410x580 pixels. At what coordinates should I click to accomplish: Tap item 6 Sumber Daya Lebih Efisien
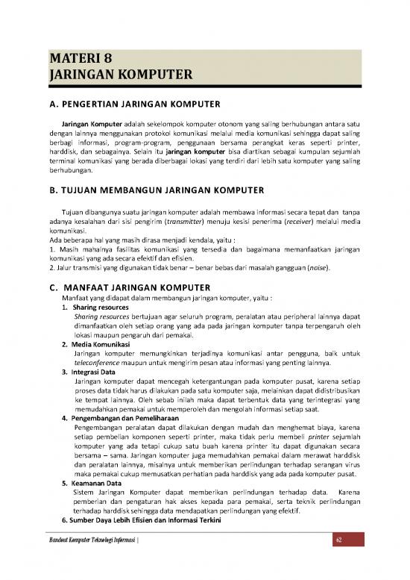pyautogui.click(x=142, y=517)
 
